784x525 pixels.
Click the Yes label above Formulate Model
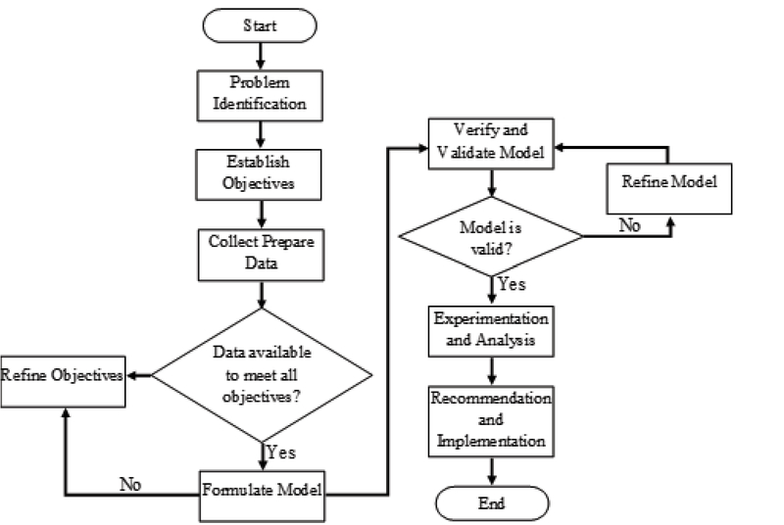(x=280, y=453)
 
